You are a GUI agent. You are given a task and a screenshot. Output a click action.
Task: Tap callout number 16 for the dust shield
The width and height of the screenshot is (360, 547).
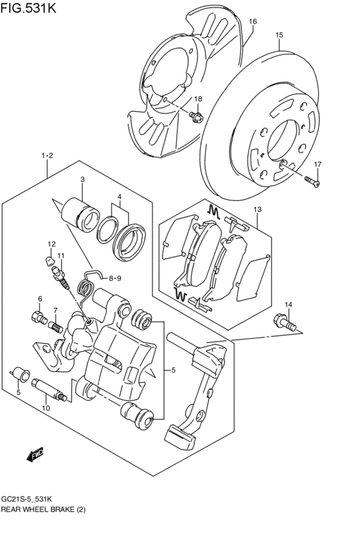pos(253,22)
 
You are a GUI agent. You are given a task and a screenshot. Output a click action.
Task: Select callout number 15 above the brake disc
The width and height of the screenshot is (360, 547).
pos(279,35)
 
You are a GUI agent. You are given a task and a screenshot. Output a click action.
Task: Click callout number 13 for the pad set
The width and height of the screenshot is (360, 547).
pos(257,210)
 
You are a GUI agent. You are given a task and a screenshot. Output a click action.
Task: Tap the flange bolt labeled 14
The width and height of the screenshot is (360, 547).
pos(285,322)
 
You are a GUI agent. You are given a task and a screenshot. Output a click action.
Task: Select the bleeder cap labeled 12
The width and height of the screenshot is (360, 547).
pos(50,260)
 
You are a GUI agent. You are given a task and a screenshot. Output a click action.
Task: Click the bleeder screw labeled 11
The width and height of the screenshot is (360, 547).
pos(60,278)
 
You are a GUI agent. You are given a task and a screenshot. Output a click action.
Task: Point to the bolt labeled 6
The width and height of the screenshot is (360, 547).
pos(39,317)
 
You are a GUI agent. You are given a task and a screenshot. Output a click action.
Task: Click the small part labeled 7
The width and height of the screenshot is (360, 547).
pos(56,327)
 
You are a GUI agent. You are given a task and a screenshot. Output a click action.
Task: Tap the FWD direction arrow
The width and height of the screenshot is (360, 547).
pos(35,454)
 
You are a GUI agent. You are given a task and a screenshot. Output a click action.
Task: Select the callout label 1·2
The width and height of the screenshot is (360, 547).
pos(47,156)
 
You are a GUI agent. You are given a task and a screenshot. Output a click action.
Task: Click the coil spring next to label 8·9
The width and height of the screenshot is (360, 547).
pos(85,284)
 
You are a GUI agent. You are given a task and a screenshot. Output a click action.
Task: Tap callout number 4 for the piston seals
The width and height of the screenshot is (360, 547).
pos(120,197)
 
